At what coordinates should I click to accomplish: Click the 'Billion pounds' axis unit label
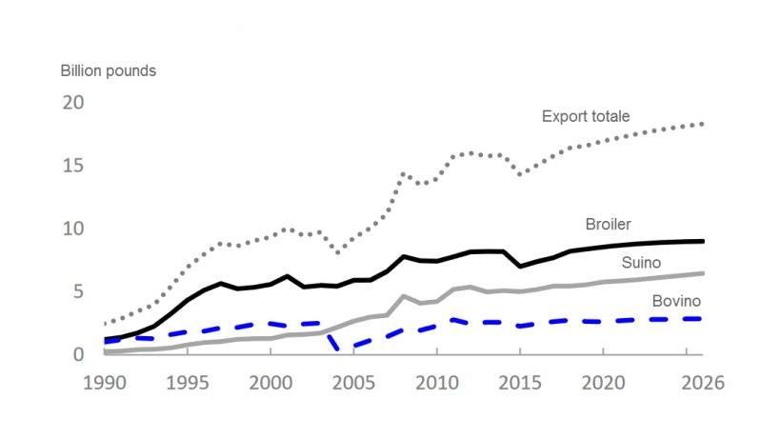click(x=109, y=71)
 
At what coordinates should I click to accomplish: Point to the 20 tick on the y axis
click(x=73, y=103)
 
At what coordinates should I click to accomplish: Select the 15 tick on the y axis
click(x=73, y=166)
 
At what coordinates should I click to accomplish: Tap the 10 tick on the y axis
click(x=73, y=229)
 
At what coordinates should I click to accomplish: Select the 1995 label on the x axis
click(x=188, y=383)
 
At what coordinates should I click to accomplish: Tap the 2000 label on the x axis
click(x=270, y=383)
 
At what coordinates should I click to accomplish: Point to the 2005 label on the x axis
click(x=353, y=383)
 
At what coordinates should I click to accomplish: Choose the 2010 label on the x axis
click(x=436, y=383)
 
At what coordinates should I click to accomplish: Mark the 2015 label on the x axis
click(x=519, y=383)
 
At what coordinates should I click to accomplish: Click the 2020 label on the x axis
click(x=602, y=383)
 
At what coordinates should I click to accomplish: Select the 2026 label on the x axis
click(x=701, y=383)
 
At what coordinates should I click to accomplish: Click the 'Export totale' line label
click(x=586, y=117)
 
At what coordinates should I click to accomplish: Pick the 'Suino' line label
click(x=643, y=262)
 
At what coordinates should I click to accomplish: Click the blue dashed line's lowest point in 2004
click(x=339, y=349)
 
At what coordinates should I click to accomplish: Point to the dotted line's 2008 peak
click(x=404, y=173)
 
